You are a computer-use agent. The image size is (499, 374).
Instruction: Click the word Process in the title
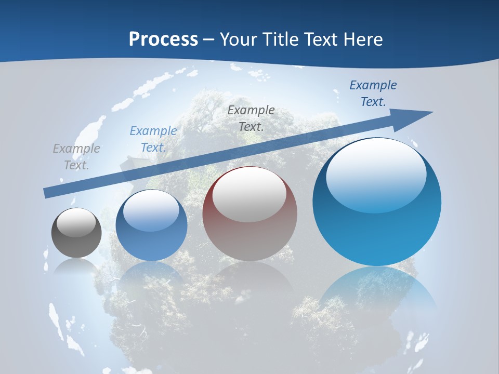[163, 39]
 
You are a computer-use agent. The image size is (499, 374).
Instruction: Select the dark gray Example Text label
[251, 118]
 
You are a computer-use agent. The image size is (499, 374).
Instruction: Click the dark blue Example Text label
[373, 94]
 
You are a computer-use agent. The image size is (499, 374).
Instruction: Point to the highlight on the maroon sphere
[249, 194]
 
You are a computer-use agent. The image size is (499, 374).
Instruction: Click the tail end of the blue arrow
[46, 193]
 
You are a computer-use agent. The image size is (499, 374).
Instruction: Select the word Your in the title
[239, 39]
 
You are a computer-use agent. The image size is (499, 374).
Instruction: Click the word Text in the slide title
[321, 39]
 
